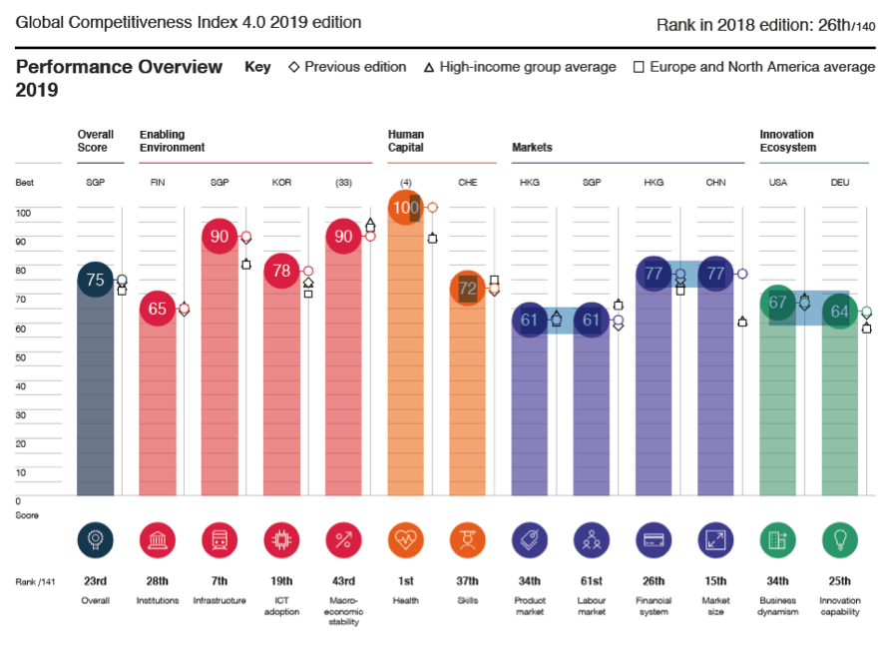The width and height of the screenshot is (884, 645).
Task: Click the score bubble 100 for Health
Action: click(x=405, y=208)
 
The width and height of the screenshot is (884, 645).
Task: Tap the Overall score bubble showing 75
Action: click(x=96, y=280)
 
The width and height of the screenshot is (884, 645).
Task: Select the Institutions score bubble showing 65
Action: click(x=158, y=309)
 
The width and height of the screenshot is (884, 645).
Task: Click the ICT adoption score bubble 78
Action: click(x=281, y=271)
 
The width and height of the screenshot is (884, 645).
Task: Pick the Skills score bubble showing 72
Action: click(x=467, y=289)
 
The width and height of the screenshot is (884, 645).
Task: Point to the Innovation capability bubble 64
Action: click(x=839, y=312)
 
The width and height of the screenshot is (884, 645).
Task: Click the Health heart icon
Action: click(x=406, y=540)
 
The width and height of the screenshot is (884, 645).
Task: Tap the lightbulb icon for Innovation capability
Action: click(x=839, y=540)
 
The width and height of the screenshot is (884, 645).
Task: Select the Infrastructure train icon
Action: click(x=220, y=540)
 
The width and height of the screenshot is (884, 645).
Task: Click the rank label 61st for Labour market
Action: click(x=592, y=581)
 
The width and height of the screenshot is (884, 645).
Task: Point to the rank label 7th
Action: click(x=220, y=581)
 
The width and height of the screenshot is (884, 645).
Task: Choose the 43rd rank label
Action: click(x=344, y=581)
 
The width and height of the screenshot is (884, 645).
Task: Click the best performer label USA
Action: click(x=777, y=183)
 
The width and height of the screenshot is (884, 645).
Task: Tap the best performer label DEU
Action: click(x=839, y=183)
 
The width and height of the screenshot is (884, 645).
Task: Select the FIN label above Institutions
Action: click(x=158, y=183)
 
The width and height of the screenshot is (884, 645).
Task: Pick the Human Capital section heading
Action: click(x=406, y=141)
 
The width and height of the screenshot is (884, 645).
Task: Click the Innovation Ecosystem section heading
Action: click(x=787, y=141)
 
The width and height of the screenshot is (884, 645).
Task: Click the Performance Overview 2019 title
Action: click(x=119, y=78)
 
